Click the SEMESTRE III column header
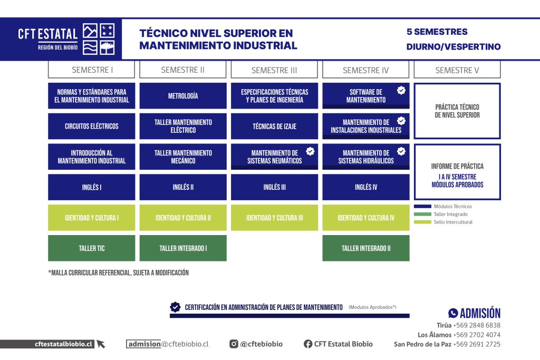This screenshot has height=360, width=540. [274, 70]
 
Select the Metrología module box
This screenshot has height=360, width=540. [183, 96]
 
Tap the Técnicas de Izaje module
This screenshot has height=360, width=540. [274, 127]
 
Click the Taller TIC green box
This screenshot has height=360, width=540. [92, 248]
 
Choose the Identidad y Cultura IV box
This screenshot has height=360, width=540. [366, 218]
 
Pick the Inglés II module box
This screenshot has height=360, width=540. [183, 187]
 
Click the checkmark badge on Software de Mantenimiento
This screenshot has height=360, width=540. [401, 90]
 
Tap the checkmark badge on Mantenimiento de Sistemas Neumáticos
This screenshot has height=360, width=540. [310, 151]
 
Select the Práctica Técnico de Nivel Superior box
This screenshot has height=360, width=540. [457, 111]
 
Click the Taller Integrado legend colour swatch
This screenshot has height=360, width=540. [422, 214]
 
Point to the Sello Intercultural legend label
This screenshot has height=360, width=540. [453, 222]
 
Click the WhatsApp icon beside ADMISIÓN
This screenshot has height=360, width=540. [453, 313]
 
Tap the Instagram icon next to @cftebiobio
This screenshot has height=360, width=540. [234, 344]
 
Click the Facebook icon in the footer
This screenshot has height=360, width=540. [308, 344]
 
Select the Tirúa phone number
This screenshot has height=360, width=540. [477, 325]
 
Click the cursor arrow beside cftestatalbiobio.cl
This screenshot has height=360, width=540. [101, 344]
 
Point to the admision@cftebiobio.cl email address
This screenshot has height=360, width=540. [168, 344]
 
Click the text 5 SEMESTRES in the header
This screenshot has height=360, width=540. [437, 32]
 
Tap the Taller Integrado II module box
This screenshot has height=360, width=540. [366, 248]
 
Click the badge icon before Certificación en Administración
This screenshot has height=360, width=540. [175, 307]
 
